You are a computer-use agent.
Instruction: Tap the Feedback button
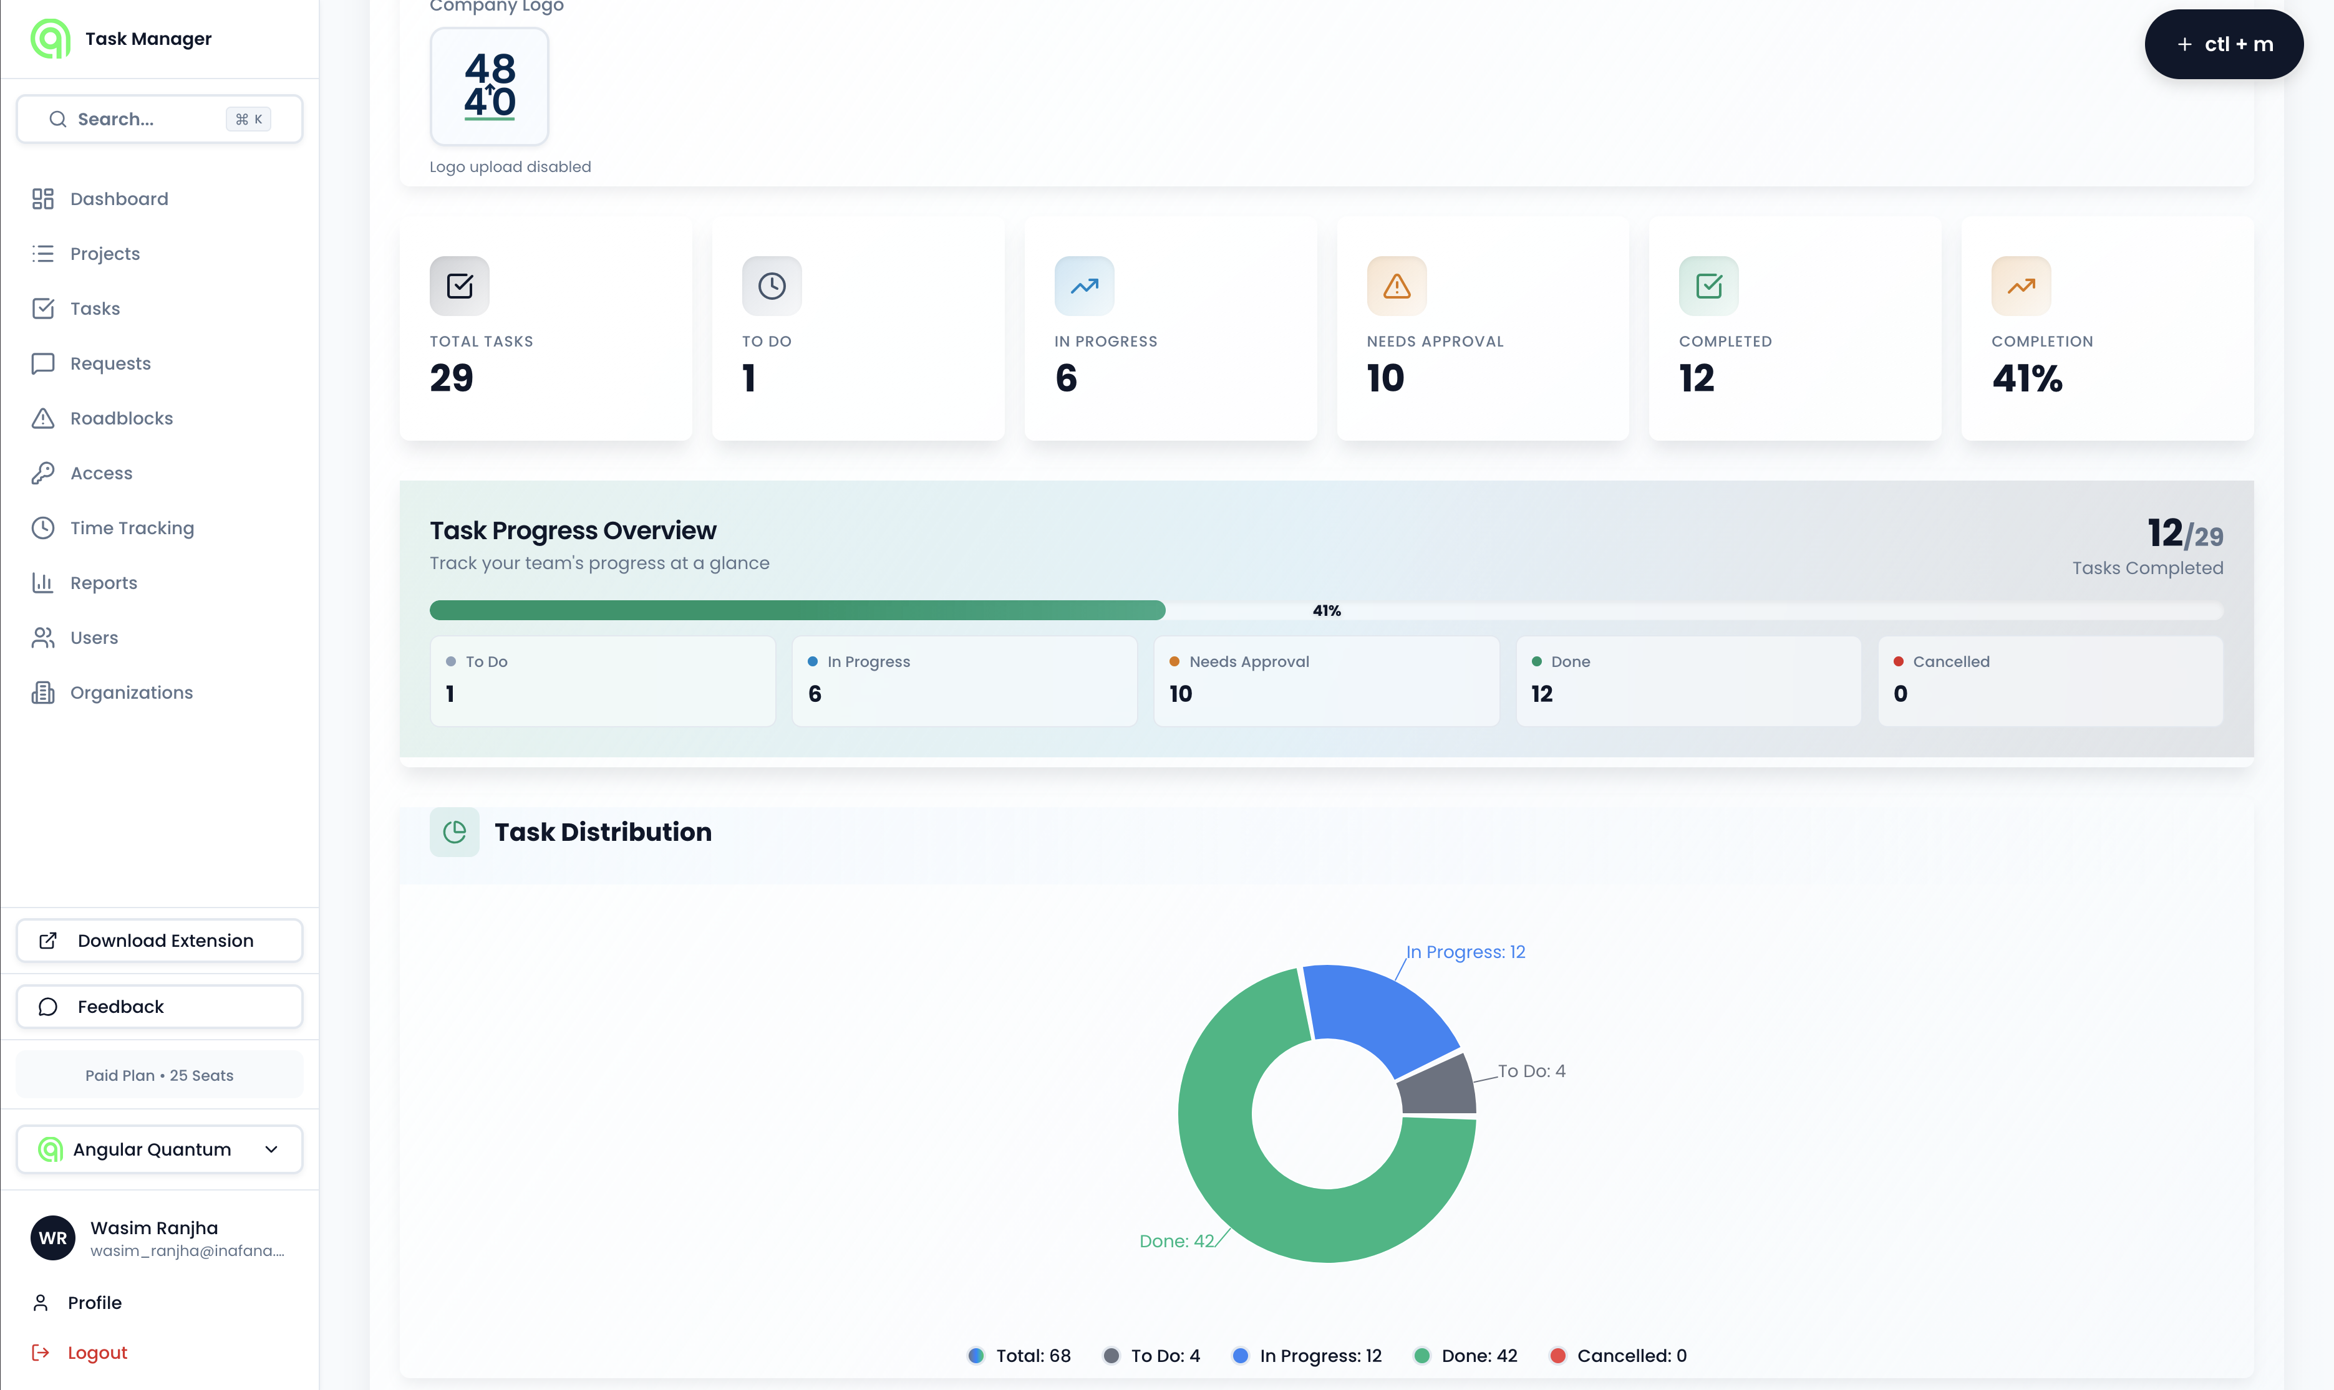click(159, 1007)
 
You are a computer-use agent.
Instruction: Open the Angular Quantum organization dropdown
click(159, 1149)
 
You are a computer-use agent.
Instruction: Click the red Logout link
click(97, 1353)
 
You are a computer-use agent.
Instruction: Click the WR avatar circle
click(52, 1239)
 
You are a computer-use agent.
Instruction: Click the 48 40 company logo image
click(489, 86)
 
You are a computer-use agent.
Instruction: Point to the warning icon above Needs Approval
click(1396, 285)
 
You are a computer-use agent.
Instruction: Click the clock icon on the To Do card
click(771, 285)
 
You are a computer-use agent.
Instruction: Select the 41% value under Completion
click(2027, 378)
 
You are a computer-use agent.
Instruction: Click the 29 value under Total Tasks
click(452, 378)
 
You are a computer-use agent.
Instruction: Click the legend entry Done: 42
click(1466, 1355)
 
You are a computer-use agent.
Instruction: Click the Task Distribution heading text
click(603, 832)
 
